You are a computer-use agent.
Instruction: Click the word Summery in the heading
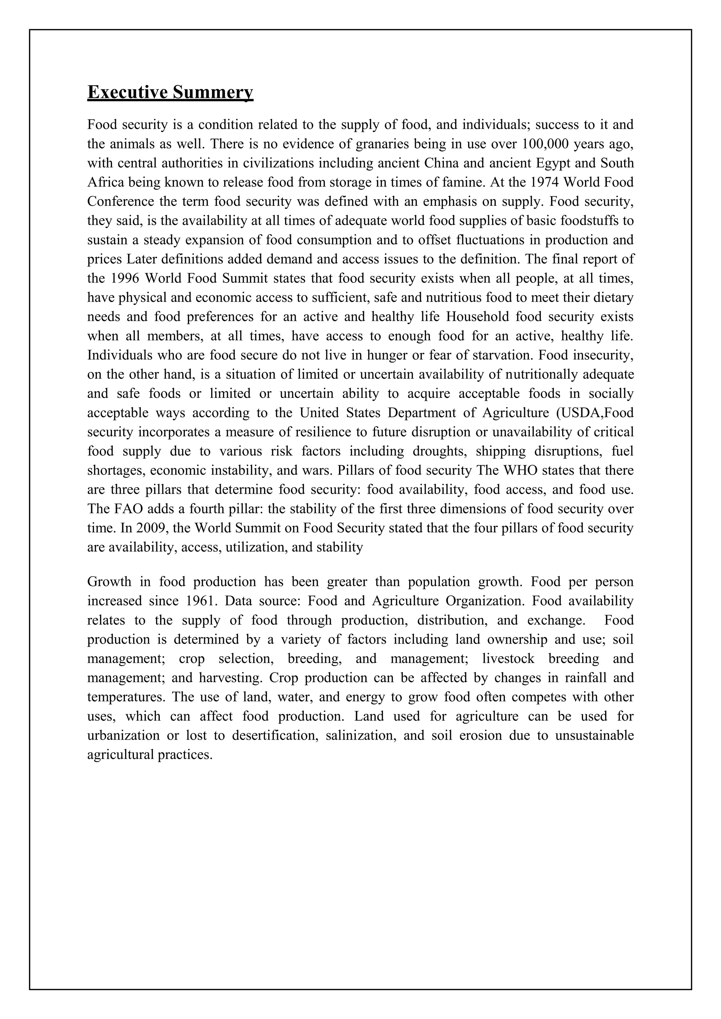213,92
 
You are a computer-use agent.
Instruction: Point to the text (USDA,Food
595,413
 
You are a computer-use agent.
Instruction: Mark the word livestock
508,659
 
